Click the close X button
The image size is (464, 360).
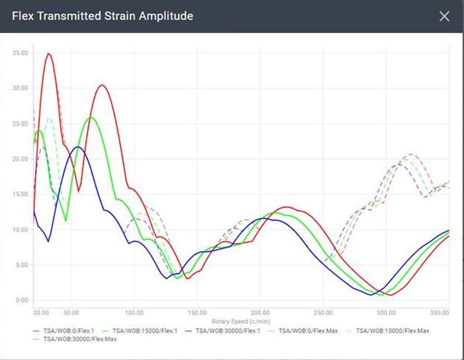coord(444,16)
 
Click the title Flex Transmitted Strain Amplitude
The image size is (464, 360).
coord(103,16)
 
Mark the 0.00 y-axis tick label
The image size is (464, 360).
coord(22,301)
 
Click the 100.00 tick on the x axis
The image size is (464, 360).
coord(134,312)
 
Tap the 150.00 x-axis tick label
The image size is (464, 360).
coord(197,312)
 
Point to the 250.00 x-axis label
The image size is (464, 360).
coord(323,312)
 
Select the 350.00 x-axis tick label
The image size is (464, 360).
coord(439,312)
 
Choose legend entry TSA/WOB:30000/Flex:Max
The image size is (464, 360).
coord(79,340)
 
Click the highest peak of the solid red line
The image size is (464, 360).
coord(49,54)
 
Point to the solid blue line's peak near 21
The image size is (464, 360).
coord(78,147)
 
